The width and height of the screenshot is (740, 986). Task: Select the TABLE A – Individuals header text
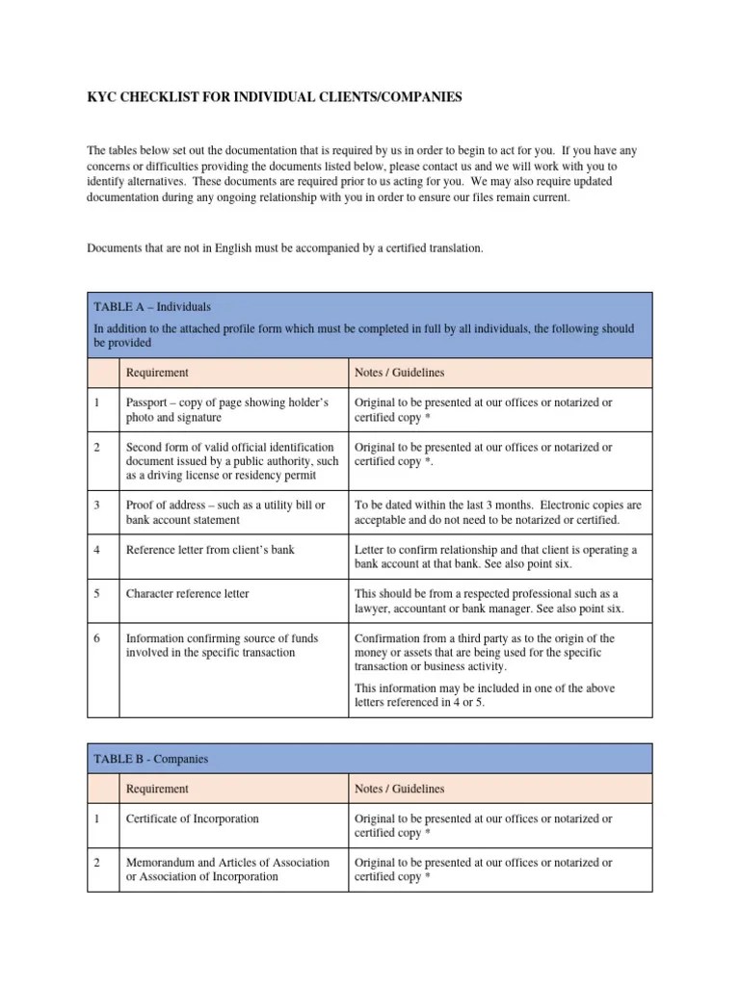point(152,306)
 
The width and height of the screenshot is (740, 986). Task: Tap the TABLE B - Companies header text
point(150,759)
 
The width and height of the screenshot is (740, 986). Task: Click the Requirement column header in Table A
point(157,373)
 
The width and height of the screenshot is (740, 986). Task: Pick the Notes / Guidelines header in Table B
point(399,789)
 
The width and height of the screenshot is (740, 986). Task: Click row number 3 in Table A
point(96,506)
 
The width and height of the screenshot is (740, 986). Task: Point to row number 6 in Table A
point(96,638)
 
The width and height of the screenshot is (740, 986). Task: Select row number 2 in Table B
point(96,863)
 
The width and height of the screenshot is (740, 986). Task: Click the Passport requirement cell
point(227,410)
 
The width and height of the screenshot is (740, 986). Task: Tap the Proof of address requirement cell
point(225,512)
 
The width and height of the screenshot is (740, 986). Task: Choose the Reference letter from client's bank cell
point(210,550)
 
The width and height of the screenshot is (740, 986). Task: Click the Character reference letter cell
point(187,594)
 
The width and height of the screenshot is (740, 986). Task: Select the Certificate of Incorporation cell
point(192,818)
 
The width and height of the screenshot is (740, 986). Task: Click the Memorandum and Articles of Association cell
point(227,869)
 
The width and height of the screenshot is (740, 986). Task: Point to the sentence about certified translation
point(285,248)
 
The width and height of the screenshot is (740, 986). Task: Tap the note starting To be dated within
point(497,512)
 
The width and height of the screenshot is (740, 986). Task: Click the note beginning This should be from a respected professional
point(488,601)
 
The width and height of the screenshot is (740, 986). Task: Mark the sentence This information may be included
point(485,695)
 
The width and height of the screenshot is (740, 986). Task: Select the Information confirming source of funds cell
point(222,645)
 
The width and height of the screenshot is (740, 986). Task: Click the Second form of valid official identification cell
point(231,461)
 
